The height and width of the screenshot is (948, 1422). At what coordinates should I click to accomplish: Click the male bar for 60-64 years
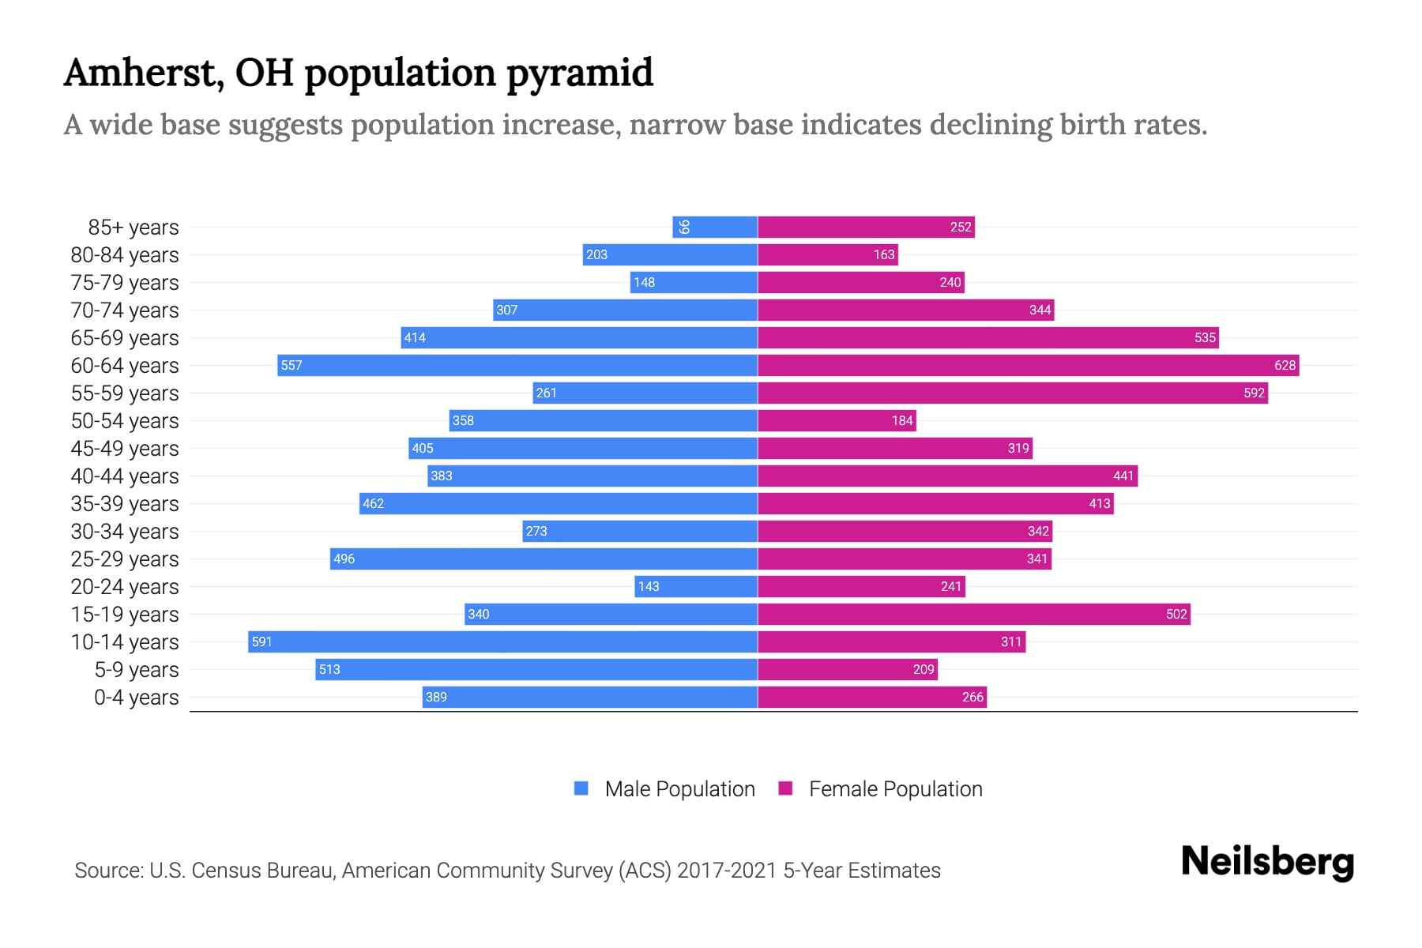(517, 365)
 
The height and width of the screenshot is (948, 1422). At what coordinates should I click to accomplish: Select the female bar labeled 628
(1027, 365)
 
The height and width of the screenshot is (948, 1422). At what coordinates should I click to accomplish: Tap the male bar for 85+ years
(715, 227)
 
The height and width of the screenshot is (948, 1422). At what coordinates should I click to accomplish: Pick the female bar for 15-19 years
(973, 614)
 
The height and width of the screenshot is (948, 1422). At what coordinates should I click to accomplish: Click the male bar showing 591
(502, 641)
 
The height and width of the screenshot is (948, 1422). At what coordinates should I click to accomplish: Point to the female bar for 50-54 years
(837, 420)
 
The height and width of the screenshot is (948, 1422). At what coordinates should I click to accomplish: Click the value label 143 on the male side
(649, 586)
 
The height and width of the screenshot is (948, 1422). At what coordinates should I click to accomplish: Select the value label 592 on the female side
(1254, 393)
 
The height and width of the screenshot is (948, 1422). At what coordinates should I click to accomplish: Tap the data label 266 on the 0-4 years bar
(972, 697)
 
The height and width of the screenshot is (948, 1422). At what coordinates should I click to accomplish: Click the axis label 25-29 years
(125, 559)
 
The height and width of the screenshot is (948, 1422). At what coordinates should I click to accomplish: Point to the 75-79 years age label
(125, 283)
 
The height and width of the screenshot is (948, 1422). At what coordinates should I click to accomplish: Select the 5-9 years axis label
(136, 670)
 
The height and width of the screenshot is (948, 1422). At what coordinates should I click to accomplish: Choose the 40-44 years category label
(125, 476)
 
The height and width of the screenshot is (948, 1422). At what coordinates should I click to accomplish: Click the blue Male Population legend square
(581, 788)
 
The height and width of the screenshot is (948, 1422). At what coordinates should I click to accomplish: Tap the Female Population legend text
(895, 789)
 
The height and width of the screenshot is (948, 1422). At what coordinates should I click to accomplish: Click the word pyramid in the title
(579, 73)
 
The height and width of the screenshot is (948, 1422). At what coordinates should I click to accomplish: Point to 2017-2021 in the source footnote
(727, 871)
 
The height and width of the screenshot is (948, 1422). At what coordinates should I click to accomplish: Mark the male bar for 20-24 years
(696, 586)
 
